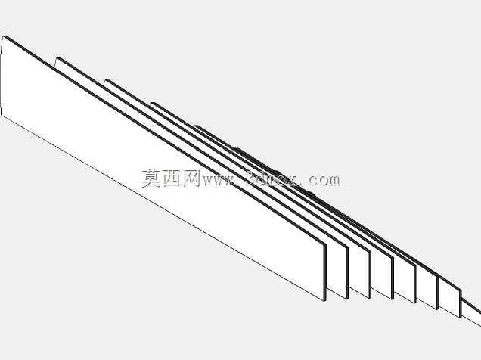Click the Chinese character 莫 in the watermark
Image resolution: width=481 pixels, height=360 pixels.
click(x=151, y=178)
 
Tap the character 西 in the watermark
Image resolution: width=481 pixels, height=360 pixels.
click(x=172, y=178)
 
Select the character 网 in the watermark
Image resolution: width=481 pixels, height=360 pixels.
click(x=192, y=178)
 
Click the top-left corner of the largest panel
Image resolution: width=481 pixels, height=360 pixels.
click(x=3, y=36)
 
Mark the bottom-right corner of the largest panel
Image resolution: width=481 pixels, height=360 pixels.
click(x=325, y=301)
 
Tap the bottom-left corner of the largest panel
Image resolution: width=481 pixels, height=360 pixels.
click(x=2, y=116)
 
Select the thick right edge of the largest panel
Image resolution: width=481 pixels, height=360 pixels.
click(x=325, y=273)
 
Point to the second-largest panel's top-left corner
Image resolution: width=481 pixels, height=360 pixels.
click(x=57, y=58)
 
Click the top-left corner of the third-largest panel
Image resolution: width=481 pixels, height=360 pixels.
click(x=106, y=80)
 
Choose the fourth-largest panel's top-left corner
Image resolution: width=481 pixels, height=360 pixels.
click(x=151, y=103)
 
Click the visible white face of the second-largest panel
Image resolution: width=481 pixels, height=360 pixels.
click(x=337, y=270)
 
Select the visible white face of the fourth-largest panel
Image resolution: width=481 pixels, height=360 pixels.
click(x=382, y=276)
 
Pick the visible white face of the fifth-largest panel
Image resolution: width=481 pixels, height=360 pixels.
click(x=405, y=281)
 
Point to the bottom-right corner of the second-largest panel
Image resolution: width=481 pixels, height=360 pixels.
click(x=347, y=299)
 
